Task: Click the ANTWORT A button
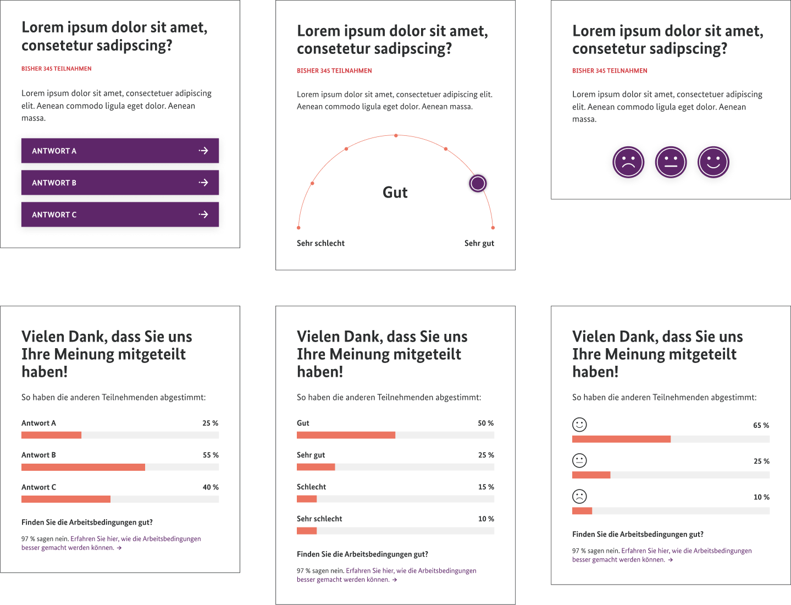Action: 120,151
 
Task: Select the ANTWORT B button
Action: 120,183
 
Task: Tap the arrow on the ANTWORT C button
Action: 203,215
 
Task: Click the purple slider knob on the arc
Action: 478,183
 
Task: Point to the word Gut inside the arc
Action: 395,193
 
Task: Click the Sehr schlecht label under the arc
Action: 320,243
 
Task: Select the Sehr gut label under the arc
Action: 479,243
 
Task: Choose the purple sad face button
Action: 628,162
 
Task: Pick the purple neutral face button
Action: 671,162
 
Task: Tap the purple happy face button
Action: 713,162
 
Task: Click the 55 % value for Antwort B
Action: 211,455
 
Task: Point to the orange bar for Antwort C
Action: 66,499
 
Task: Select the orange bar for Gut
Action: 346,435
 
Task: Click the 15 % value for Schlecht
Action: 486,487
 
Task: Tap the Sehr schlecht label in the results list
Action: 319,519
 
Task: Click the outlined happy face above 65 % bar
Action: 579,425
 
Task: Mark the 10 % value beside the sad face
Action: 761,497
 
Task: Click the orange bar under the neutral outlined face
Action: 591,475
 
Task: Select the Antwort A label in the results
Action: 38,424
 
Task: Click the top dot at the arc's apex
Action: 396,135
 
